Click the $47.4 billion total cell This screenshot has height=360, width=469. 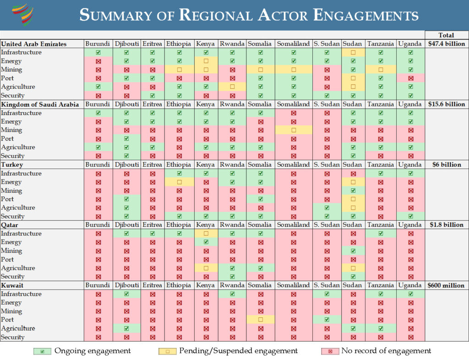pyautogui.click(x=446, y=44)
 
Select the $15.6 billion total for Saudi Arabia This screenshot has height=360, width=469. pyautogui.click(x=446, y=104)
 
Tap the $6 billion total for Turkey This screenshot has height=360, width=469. pyautogui.click(x=446, y=165)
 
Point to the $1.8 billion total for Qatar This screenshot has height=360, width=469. pyautogui.click(x=446, y=225)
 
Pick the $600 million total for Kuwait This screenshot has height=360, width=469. pyautogui.click(x=446, y=285)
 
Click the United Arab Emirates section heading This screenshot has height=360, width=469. pyautogui.click(x=34, y=44)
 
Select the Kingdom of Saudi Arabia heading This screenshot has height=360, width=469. pyautogui.click(x=40, y=104)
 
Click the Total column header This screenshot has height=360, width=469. pyautogui.click(x=446, y=35)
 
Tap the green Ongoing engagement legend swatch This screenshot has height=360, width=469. pyautogui.click(x=42, y=351)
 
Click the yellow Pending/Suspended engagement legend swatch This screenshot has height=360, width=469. pyautogui.click(x=167, y=351)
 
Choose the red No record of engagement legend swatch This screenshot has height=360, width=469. pyautogui.click(x=330, y=351)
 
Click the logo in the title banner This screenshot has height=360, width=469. pyautogui.click(x=23, y=15)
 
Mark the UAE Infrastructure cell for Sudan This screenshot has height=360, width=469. pyautogui.click(x=353, y=53)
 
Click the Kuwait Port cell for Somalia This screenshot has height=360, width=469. pyautogui.click(x=260, y=320)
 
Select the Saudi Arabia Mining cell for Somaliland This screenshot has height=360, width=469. pyautogui.click(x=293, y=130)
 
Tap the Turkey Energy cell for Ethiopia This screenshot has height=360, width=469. pyautogui.click(x=179, y=182)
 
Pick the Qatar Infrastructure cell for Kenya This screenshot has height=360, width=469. pyautogui.click(x=206, y=234)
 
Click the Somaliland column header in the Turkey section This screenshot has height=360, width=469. pyautogui.click(x=293, y=165)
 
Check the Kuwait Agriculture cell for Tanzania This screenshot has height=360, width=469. pyautogui.click(x=381, y=328)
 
